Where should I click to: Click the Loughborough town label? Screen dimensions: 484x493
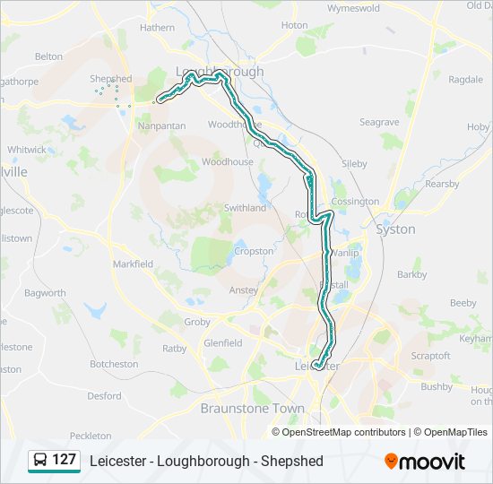click(219, 71)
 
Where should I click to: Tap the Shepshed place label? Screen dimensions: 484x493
click(110, 79)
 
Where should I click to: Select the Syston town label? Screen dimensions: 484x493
click(395, 229)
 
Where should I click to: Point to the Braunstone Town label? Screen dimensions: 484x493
click(252, 408)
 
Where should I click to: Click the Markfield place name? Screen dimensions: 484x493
click(133, 264)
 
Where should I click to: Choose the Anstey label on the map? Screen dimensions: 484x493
click(244, 290)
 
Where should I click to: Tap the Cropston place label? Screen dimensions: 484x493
click(254, 252)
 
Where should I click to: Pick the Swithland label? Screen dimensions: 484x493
click(245, 207)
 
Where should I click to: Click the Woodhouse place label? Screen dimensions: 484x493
click(227, 162)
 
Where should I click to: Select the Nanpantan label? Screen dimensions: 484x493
click(162, 125)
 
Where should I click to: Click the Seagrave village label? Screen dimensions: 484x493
click(379, 122)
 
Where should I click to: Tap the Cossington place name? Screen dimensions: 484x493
click(355, 202)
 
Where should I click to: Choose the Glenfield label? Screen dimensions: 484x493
click(223, 342)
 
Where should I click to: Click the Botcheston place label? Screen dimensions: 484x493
click(114, 364)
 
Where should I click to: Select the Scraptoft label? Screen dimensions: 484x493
click(430, 355)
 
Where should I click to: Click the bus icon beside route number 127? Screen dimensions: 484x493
click(40, 461)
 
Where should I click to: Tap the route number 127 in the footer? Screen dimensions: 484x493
click(64, 460)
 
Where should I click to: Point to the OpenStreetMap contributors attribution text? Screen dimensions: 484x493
click(343, 432)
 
